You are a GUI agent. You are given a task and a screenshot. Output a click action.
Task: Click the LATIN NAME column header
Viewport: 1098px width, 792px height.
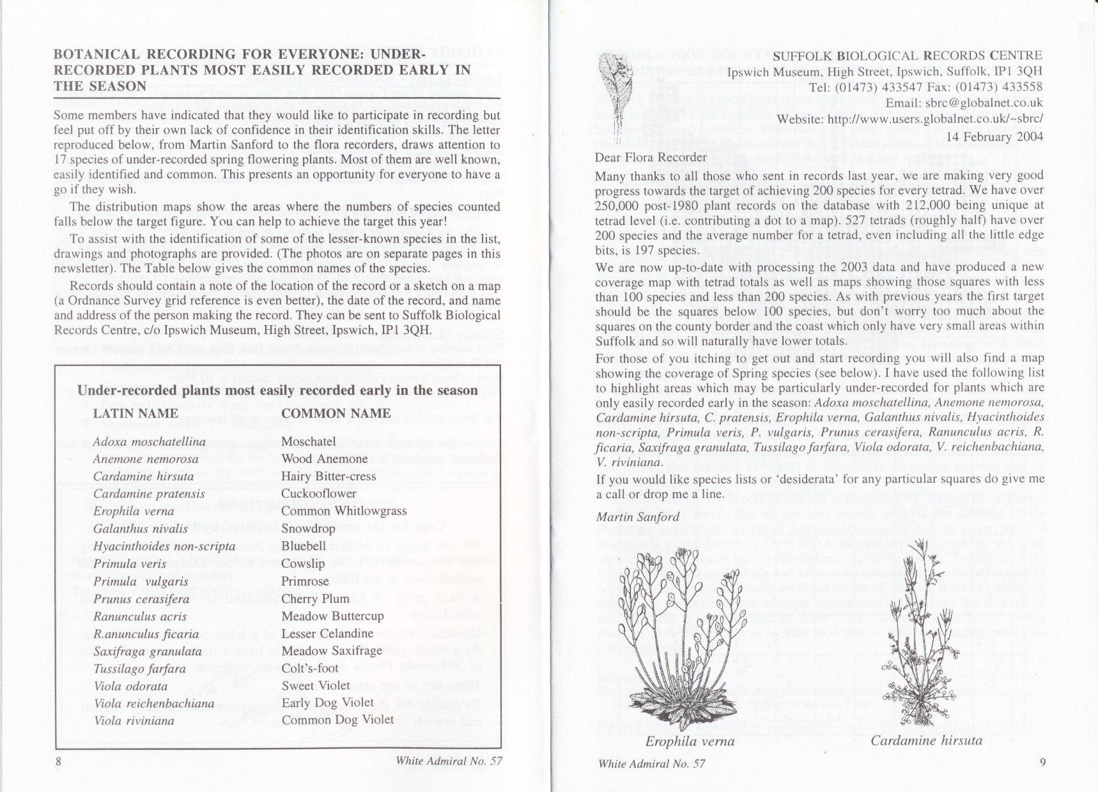click(x=135, y=413)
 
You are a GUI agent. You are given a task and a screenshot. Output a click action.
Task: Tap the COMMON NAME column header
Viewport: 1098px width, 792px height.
click(x=336, y=413)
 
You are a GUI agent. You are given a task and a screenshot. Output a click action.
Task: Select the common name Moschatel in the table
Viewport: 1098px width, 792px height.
click(x=308, y=441)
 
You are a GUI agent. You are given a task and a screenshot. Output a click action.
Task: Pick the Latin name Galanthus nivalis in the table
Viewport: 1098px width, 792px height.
click(x=141, y=528)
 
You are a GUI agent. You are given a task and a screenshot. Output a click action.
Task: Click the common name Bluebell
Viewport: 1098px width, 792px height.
click(x=304, y=546)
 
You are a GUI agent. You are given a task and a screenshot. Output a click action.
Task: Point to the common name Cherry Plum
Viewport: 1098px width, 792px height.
click(x=315, y=598)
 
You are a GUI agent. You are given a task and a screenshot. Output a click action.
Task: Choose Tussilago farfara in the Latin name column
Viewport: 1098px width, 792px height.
click(x=139, y=669)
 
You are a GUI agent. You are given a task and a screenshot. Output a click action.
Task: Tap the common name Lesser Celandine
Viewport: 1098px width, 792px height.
click(x=327, y=634)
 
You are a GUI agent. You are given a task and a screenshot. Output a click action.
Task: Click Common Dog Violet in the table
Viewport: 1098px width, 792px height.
click(x=337, y=719)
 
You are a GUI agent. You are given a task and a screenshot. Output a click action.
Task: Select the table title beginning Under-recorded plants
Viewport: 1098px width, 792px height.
click(x=277, y=390)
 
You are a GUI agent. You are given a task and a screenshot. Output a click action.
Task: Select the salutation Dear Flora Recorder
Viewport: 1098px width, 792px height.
click(x=651, y=157)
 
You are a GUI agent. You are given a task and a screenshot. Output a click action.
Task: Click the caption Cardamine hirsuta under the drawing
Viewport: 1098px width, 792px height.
click(x=926, y=741)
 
